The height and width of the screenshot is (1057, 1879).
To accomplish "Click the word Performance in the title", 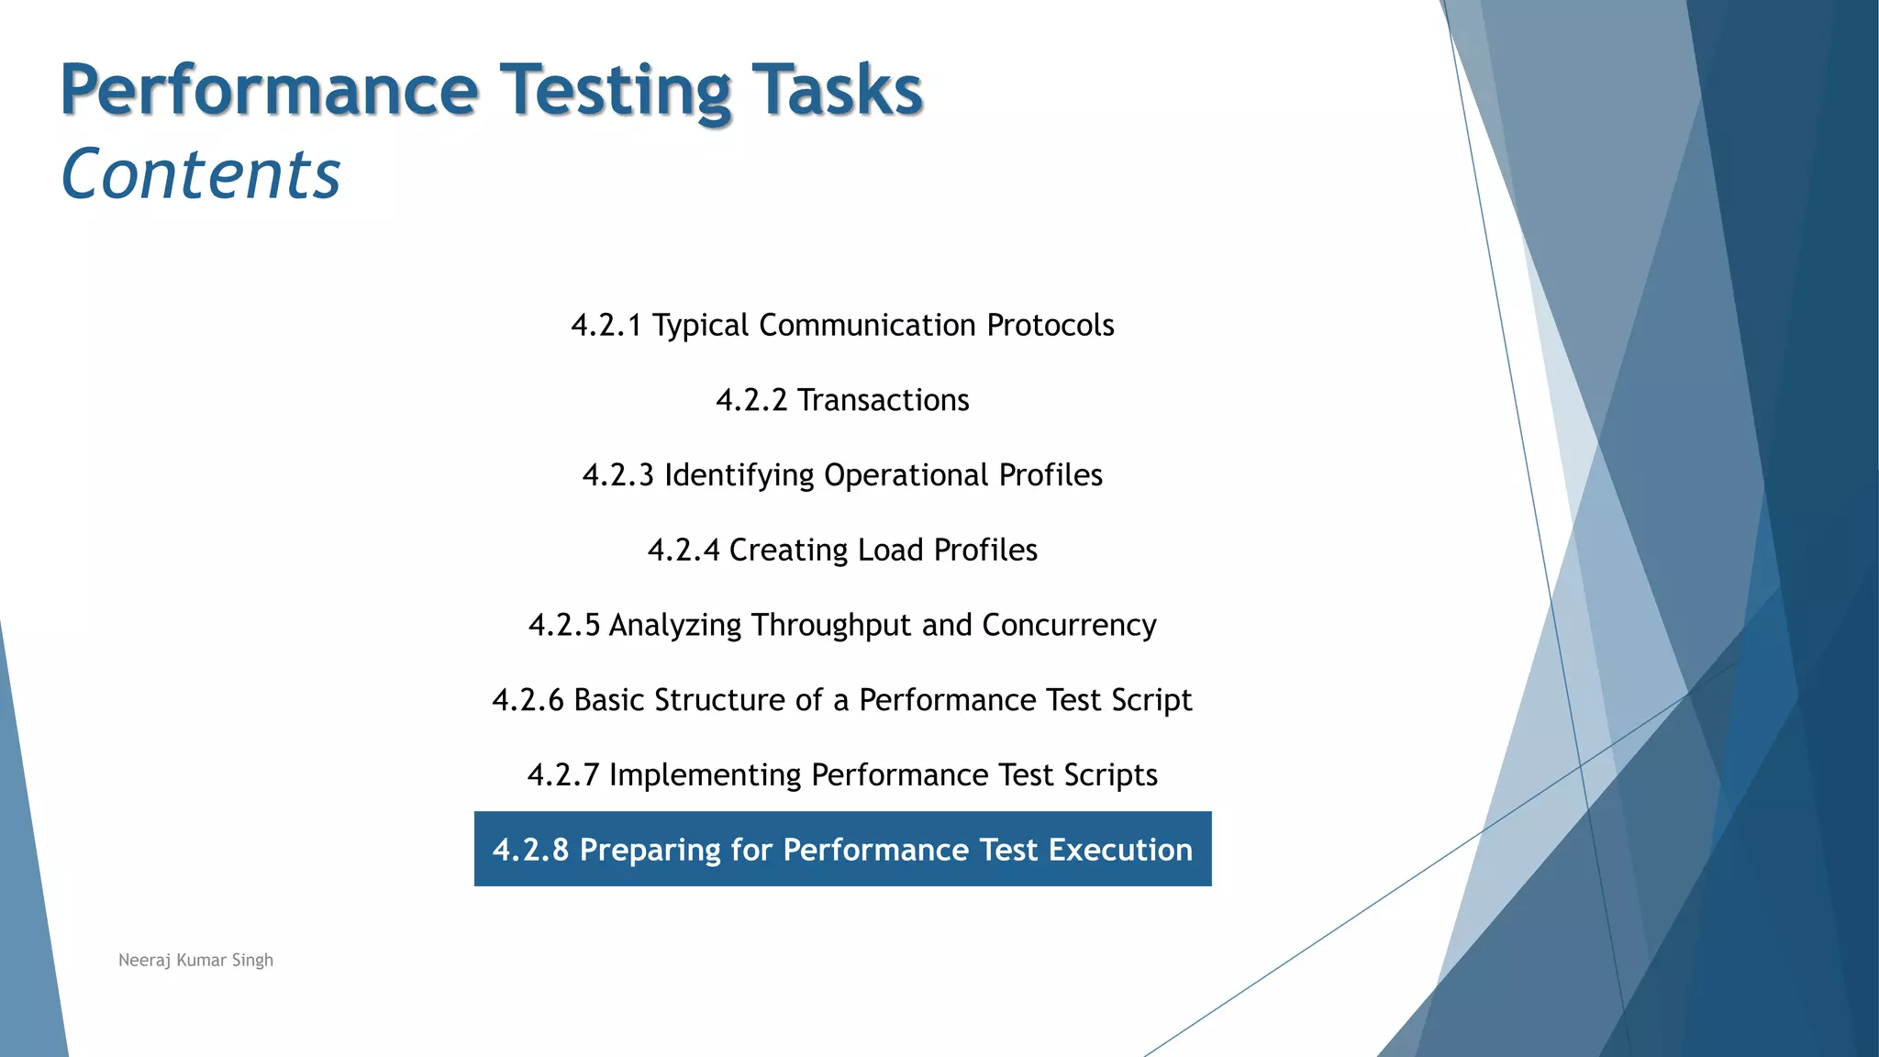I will (269, 91).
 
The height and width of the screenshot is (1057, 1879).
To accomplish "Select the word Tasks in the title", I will (837, 91).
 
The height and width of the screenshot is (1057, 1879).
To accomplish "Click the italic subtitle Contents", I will (201, 174).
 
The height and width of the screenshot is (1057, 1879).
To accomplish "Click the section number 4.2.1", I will (606, 326).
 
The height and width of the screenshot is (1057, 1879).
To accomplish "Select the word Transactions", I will (883, 401).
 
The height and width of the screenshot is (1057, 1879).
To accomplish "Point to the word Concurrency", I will (1069, 626).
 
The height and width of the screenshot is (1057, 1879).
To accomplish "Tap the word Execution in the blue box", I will (1120, 851).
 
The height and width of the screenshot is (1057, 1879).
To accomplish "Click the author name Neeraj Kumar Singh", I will (195, 961).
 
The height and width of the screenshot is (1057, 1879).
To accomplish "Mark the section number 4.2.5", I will (563, 626).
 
